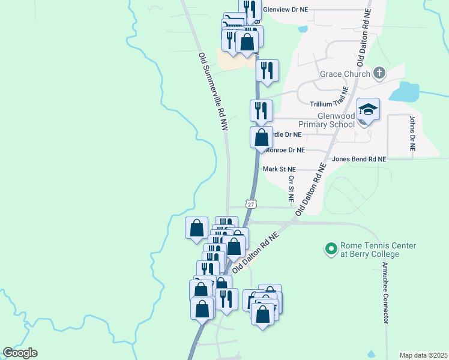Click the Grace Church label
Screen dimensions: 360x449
click(x=345, y=74)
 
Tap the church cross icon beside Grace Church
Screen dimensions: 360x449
click(x=379, y=73)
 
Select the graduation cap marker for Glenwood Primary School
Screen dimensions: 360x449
click(x=368, y=109)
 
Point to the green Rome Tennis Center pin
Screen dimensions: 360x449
click(x=330, y=248)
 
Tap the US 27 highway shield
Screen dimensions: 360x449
click(x=251, y=204)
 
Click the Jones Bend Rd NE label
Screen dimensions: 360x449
click(x=359, y=159)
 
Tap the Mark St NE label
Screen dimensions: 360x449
click(x=280, y=170)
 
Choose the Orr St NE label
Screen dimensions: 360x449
click(x=291, y=188)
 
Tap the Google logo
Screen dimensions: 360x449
click(x=20, y=353)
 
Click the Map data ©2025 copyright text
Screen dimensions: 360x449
click(x=423, y=355)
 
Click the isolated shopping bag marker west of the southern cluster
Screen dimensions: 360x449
click(x=196, y=228)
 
